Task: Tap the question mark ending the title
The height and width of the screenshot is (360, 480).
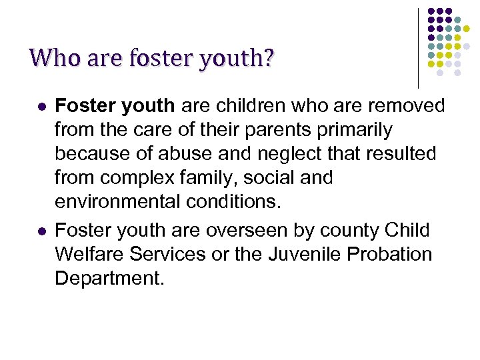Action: click(x=268, y=59)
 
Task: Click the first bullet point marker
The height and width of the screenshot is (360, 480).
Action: click(x=42, y=106)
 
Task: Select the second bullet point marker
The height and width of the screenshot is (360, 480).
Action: click(x=42, y=231)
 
